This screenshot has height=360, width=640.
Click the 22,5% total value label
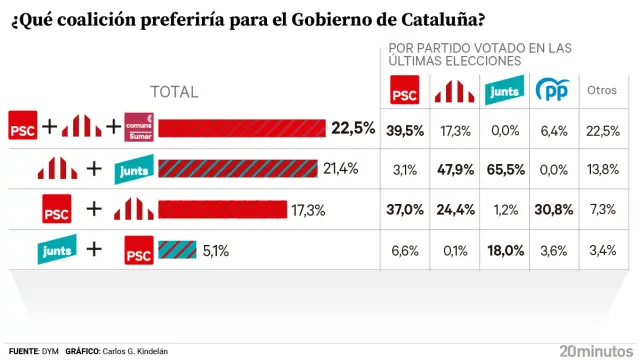pos(353,128)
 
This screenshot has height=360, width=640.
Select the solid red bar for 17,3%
pos(220,209)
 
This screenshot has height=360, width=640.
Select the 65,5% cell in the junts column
pos(502,168)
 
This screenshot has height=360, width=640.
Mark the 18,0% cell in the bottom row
pos(502,250)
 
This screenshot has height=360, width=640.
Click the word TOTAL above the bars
pos(174,92)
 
